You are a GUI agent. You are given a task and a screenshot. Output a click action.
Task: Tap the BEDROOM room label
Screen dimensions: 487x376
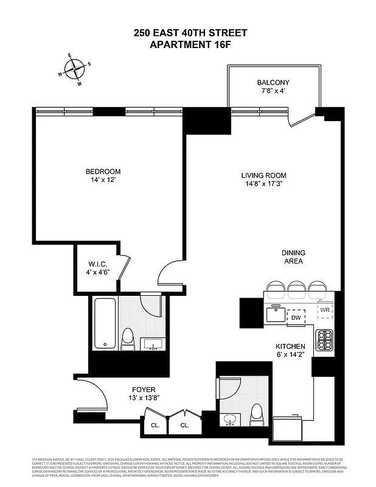click(103, 172)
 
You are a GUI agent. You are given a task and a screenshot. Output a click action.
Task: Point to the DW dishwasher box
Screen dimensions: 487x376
click(296, 317)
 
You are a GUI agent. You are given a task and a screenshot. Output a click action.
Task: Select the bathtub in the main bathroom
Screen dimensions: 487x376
click(104, 324)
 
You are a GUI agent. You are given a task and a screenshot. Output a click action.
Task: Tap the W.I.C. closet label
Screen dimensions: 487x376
click(97, 264)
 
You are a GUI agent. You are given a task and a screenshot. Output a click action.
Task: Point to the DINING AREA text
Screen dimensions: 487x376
click(293, 257)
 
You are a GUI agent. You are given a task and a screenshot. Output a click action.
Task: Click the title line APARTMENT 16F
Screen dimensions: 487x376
click(190, 44)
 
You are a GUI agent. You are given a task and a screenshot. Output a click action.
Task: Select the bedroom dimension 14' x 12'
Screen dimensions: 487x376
click(103, 181)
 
